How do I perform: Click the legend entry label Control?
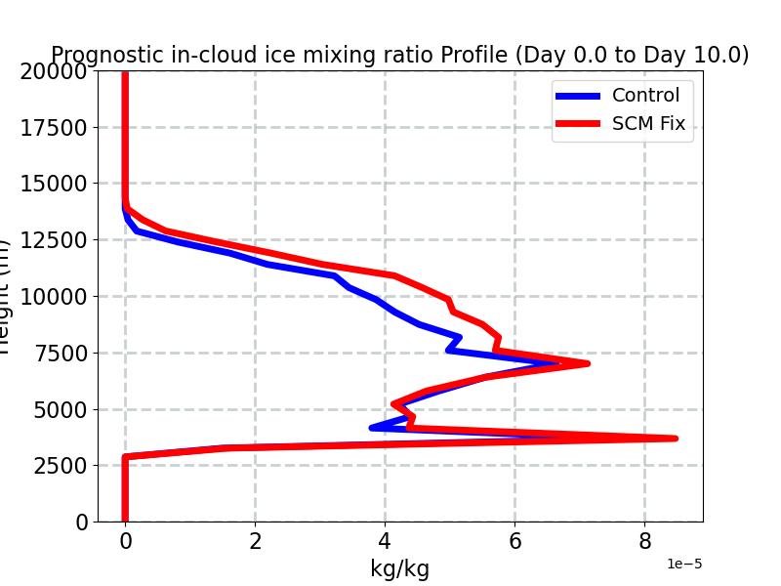[x=645, y=95]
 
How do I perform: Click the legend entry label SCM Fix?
[x=648, y=124]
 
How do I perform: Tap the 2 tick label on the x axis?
[x=255, y=542]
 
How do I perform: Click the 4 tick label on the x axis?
[x=385, y=542]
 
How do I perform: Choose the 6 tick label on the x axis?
[x=514, y=542]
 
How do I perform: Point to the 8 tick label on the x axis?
[x=644, y=542]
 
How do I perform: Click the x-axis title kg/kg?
[x=399, y=568]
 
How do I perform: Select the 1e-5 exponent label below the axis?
[x=684, y=565]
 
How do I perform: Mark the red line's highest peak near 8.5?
[x=675, y=439]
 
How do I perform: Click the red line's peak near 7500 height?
[x=588, y=363]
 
